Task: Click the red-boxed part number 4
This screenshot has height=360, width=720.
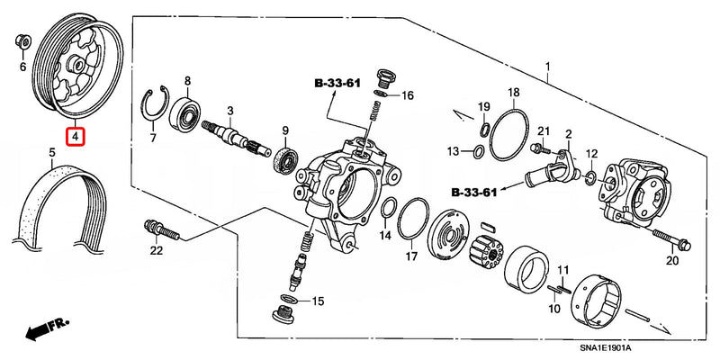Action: [x=76, y=138]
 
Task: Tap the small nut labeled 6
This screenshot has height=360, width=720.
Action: [x=23, y=40]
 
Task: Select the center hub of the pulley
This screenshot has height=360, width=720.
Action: [x=75, y=65]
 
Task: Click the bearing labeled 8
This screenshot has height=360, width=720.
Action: [x=190, y=112]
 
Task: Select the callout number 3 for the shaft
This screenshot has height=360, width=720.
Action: [x=229, y=111]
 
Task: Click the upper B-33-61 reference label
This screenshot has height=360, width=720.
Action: [x=337, y=83]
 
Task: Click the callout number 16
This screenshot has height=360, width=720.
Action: [x=407, y=95]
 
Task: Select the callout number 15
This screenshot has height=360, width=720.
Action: [x=316, y=301]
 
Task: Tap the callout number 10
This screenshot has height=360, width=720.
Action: [x=554, y=308]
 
